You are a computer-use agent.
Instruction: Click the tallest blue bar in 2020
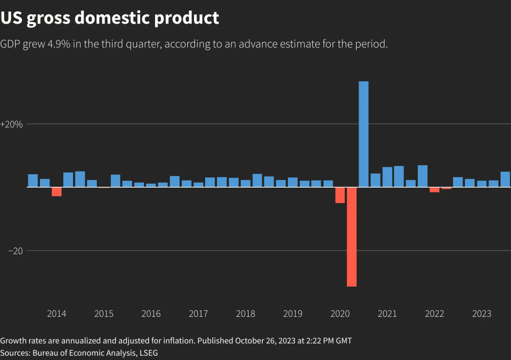click(363, 134)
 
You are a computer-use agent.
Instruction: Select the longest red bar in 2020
click(351, 236)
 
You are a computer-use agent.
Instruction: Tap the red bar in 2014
click(56, 192)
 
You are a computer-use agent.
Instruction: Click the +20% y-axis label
click(12, 124)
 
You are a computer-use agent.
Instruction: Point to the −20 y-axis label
click(15, 251)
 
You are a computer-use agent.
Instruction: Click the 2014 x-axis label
click(56, 314)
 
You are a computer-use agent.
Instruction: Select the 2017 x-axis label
click(198, 314)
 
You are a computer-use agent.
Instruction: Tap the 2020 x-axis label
click(340, 314)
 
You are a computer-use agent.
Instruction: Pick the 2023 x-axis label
click(482, 314)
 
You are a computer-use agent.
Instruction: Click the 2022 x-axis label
click(435, 314)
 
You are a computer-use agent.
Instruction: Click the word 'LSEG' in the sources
click(148, 353)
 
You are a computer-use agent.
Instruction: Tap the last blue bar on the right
click(505, 179)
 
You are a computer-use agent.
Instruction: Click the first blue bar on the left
click(33, 180)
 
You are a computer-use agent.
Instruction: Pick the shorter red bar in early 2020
click(340, 195)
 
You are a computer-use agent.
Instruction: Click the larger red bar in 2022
click(435, 190)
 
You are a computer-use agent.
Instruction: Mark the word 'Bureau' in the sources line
click(45, 353)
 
